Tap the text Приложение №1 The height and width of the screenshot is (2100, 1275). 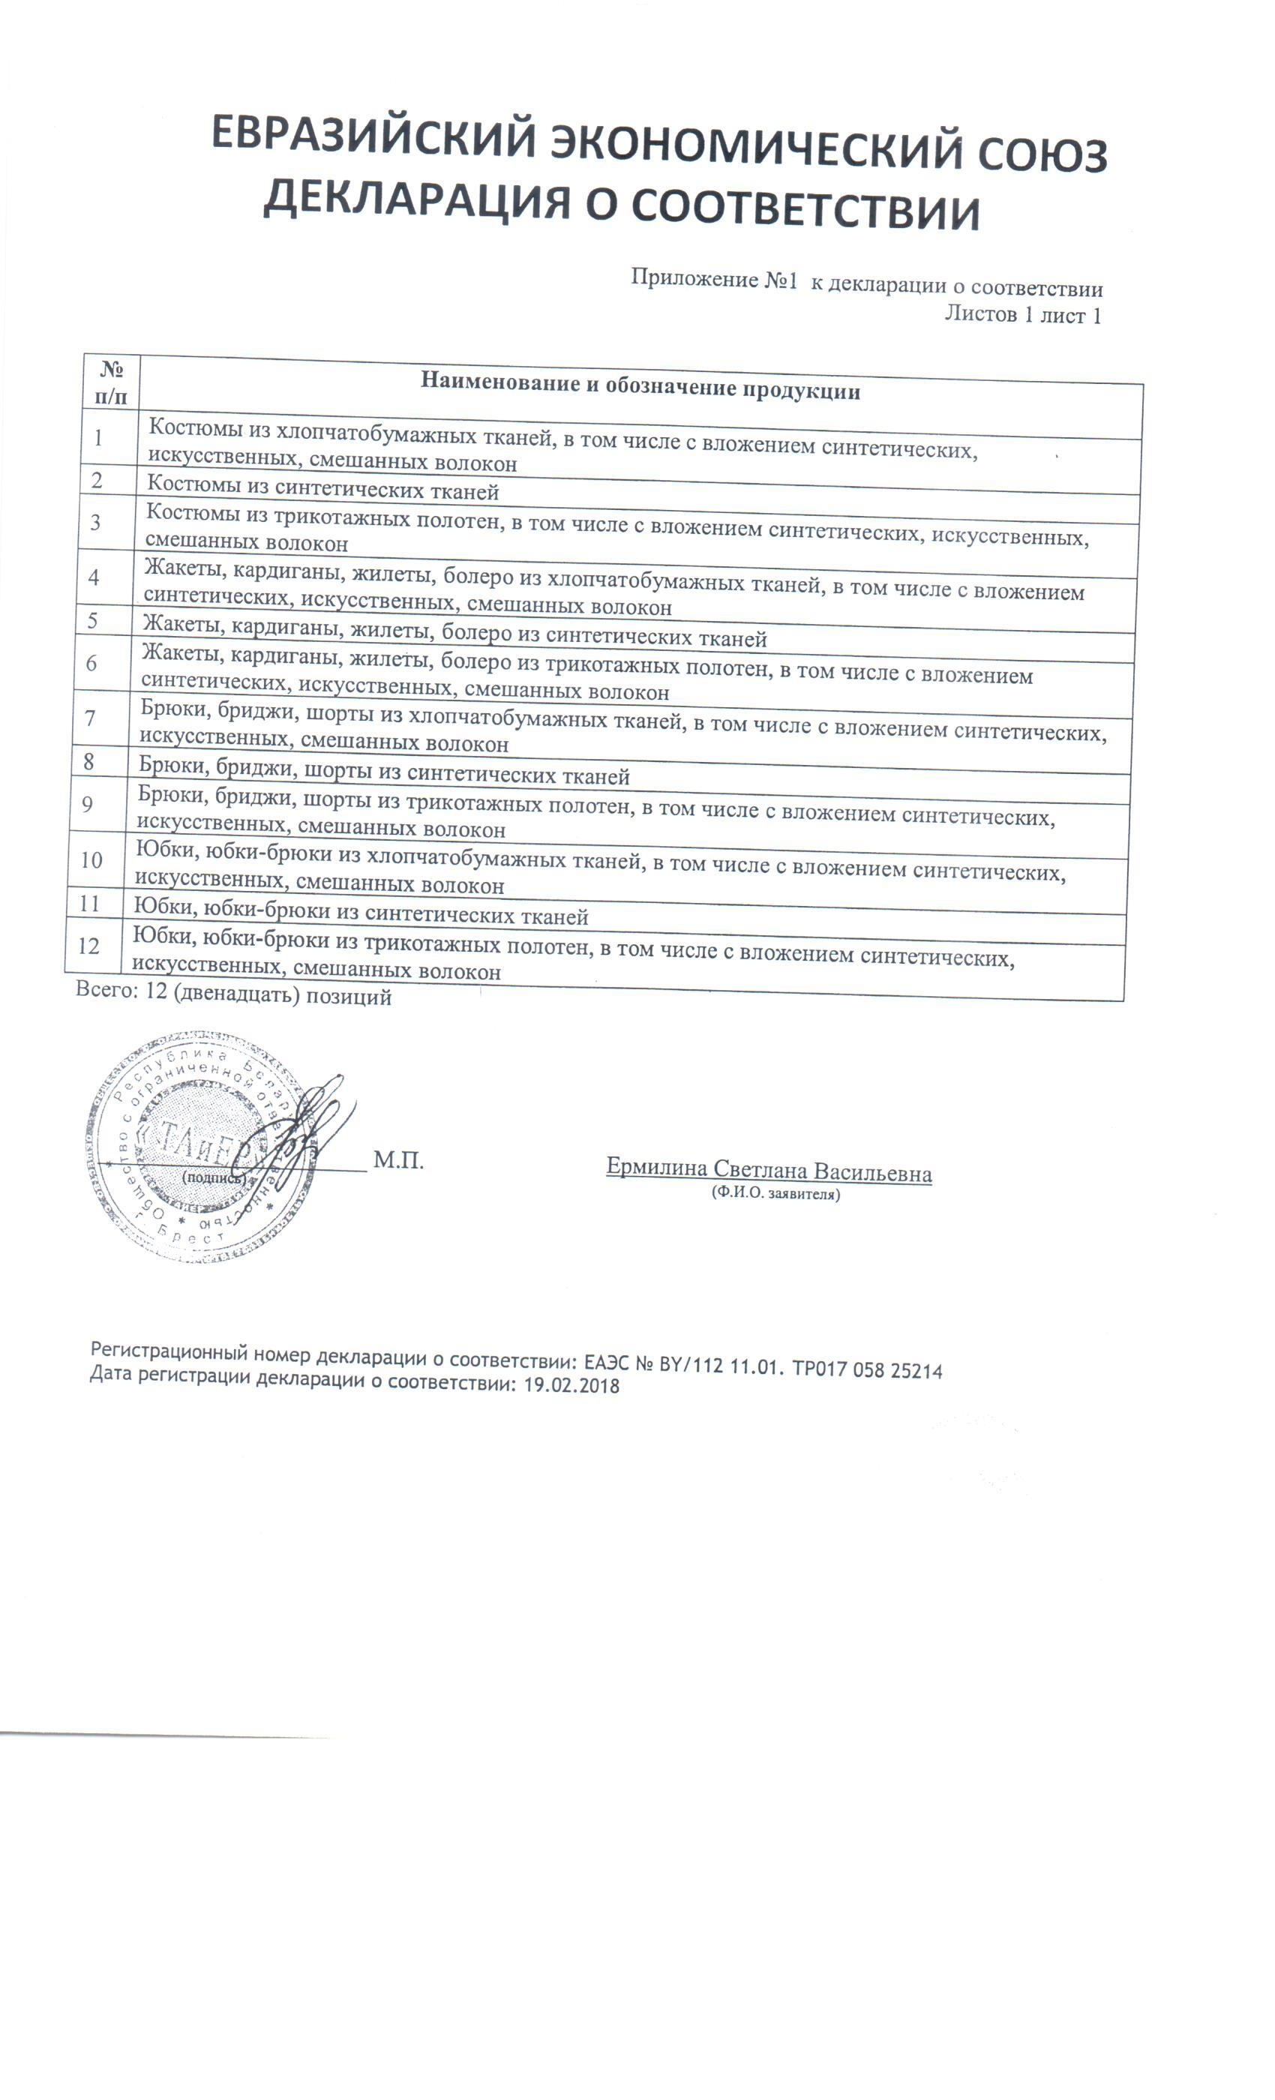pyautogui.click(x=713, y=279)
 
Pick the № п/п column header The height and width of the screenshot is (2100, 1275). pyautogui.click(x=112, y=382)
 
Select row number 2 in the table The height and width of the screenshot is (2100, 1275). pyautogui.click(x=97, y=481)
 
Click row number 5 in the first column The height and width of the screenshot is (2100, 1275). pyautogui.click(x=92, y=620)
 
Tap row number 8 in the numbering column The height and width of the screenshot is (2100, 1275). pyautogui.click(x=88, y=761)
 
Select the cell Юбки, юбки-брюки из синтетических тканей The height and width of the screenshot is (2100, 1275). pyautogui.click(x=361, y=912)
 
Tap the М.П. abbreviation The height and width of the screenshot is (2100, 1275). pyautogui.click(x=398, y=1161)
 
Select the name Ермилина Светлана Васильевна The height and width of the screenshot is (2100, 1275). pyautogui.click(x=769, y=1169)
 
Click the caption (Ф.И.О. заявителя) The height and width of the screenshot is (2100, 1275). pyautogui.click(x=775, y=1194)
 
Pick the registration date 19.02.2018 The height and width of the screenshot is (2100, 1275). pyautogui.click(x=571, y=1384)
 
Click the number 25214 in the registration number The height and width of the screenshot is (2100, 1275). pyautogui.click(x=915, y=1370)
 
